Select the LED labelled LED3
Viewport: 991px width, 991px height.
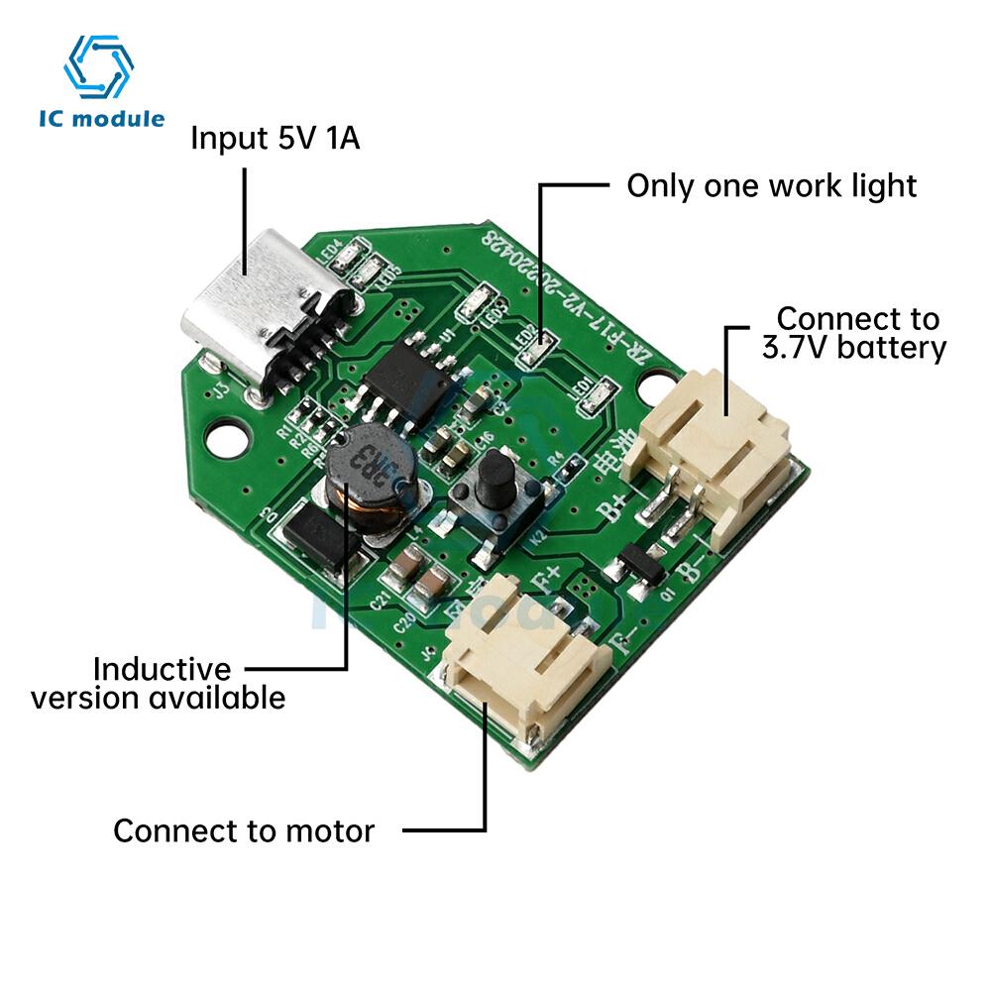click(477, 301)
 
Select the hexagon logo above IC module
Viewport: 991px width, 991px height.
click(98, 67)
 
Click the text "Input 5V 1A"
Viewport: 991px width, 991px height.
click(275, 138)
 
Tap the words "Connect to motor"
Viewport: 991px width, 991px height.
click(244, 830)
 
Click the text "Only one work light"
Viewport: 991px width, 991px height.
click(772, 185)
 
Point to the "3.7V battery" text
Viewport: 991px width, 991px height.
click(854, 348)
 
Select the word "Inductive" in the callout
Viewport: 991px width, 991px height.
click(162, 669)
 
